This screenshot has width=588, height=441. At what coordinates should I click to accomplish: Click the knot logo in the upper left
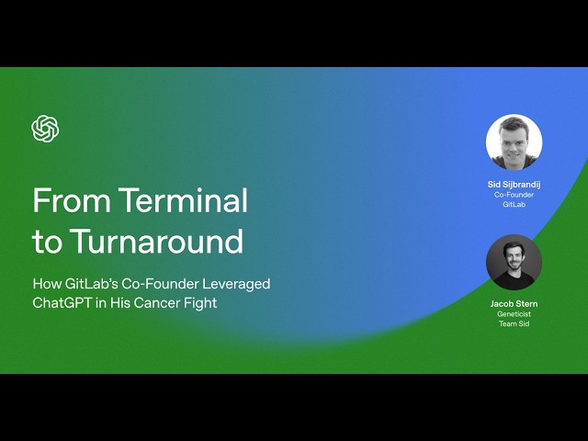coord(45,129)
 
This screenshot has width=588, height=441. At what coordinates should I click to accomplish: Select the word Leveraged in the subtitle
coord(239,284)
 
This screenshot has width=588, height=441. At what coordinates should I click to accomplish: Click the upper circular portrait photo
coord(514,142)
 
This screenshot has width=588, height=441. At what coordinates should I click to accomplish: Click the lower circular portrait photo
coord(514,262)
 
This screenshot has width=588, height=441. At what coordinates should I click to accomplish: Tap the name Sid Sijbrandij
coord(514,185)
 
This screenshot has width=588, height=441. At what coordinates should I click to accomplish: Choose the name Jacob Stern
coord(514,303)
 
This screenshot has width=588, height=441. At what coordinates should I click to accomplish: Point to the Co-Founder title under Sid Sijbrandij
coord(514,195)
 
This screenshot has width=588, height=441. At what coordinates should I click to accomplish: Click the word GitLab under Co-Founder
coord(514,205)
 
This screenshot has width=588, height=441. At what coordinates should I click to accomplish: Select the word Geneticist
coord(514,314)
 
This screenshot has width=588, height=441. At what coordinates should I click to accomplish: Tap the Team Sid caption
coord(514,323)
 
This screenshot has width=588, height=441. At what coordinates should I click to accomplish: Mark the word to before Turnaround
coord(47,242)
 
